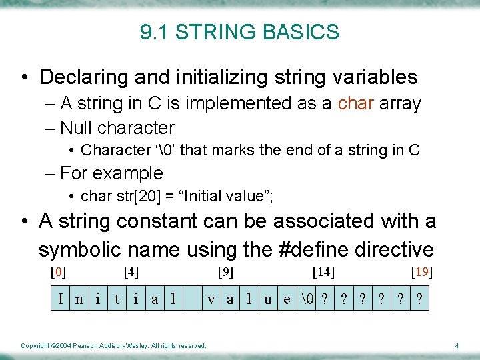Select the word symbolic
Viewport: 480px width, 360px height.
click(x=75, y=249)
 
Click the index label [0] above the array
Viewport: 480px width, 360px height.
click(x=59, y=272)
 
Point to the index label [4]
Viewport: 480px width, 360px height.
click(x=131, y=272)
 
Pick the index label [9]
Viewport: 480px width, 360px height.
click(x=226, y=272)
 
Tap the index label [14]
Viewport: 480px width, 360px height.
click(x=323, y=272)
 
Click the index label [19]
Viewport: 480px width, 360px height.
click(x=422, y=272)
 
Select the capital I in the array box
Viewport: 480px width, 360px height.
click(x=61, y=299)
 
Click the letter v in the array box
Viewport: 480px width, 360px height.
click(x=211, y=299)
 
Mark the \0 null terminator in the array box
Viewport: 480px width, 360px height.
click(x=307, y=299)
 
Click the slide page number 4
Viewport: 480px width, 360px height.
click(x=457, y=345)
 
